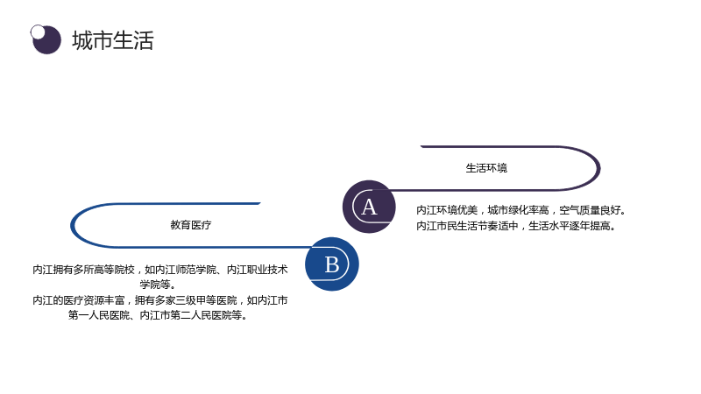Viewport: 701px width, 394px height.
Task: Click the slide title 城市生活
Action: coord(113,40)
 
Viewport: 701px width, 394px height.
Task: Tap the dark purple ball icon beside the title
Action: coord(46,39)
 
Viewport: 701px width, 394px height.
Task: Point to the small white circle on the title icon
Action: coord(38,32)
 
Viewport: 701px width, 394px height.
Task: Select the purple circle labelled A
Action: coord(369,207)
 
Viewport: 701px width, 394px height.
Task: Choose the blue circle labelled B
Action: coord(332,264)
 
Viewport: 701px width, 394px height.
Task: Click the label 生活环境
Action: coord(486,168)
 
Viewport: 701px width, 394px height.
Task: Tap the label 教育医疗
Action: coord(191,225)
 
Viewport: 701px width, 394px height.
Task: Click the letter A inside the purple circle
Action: coord(369,208)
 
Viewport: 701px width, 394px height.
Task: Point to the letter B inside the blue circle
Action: coord(332,264)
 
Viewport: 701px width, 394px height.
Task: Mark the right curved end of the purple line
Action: coord(599,168)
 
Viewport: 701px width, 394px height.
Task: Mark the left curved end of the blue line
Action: coord(72,226)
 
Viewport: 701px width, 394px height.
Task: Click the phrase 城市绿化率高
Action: coord(518,210)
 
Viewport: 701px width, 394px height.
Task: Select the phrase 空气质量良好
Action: coord(590,210)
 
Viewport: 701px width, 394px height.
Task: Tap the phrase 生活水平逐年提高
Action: coord(569,226)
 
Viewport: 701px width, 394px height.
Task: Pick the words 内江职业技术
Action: coord(257,270)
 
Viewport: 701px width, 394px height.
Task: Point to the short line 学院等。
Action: coord(158,285)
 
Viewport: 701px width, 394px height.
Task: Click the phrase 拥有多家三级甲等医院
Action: coord(186,300)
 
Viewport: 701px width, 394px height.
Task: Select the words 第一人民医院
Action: coord(99,315)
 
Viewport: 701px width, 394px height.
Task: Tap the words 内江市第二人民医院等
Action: coord(191,315)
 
